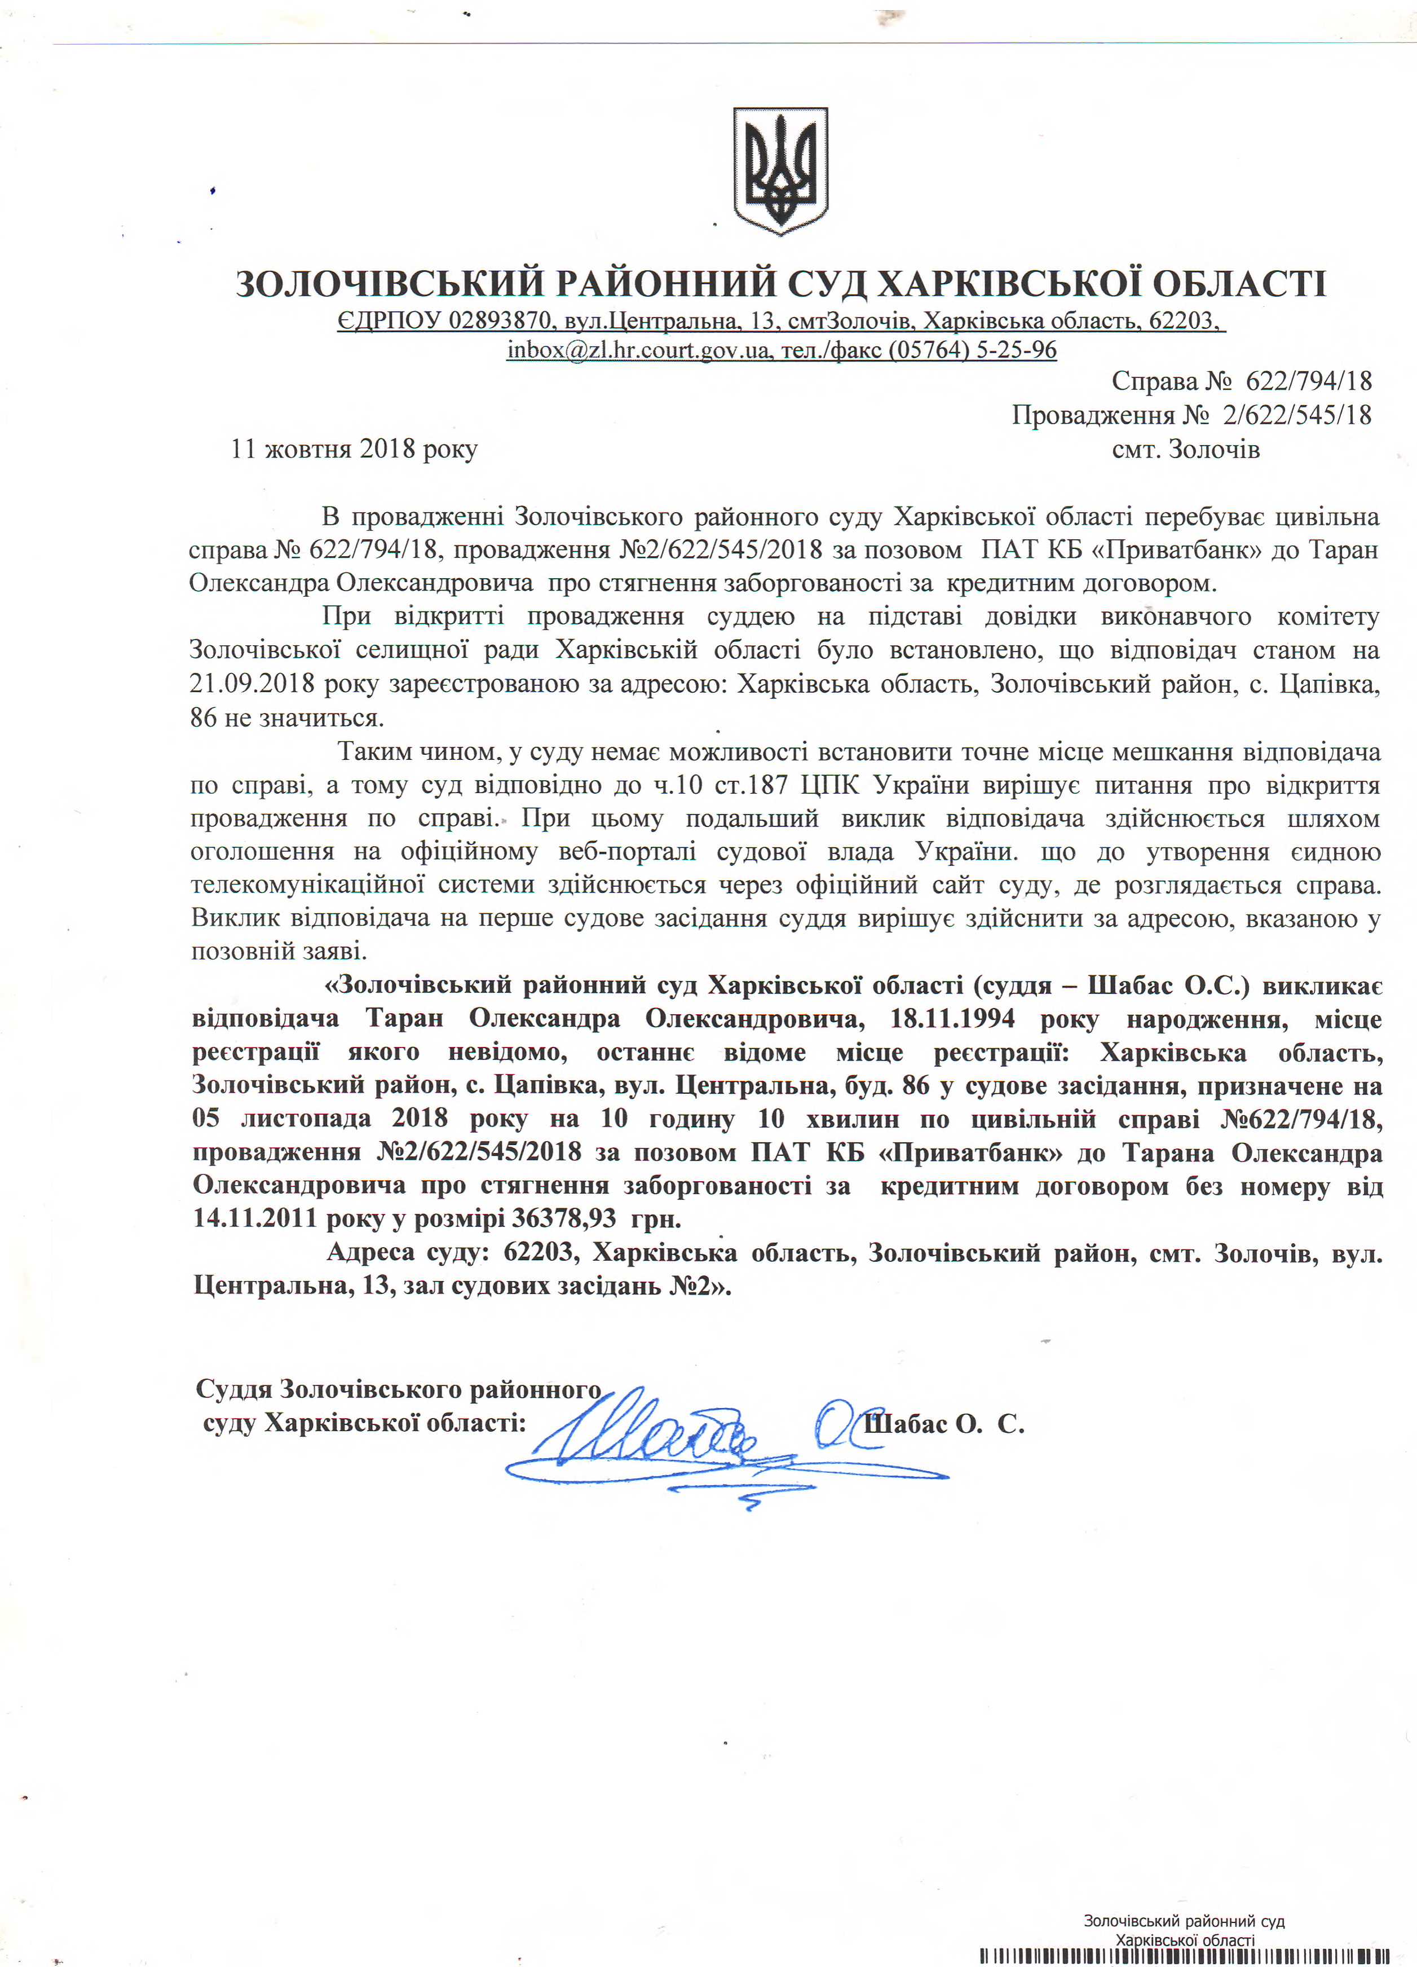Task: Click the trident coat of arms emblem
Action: pyautogui.click(x=780, y=170)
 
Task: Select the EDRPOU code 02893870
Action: pyautogui.click(x=500, y=321)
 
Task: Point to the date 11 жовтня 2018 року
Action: pyautogui.click(x=354, y=449)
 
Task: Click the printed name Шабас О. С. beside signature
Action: pyautogui.click(x=944, y=1424)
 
